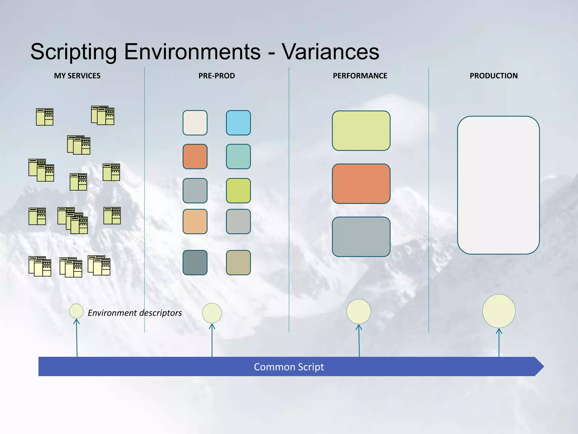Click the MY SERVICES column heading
click(77, 76)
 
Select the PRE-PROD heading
click(216, 76)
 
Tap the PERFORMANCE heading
click(360, 76)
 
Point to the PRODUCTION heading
click(494, 76)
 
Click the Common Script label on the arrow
click(289, 367)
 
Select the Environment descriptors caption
click(135, 313)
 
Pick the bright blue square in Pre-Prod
click(238, 123)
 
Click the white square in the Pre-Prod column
click(195, 123)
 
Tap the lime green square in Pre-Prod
click(238, 190)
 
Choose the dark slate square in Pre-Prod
click(195, 262)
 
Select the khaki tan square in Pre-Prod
click(238, 262)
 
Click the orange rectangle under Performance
click(361, 184)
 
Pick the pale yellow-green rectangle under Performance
click(361, 131)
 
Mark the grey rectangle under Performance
click(361, 237)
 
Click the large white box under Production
click(498, 185)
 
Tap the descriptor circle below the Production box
click(499, 311)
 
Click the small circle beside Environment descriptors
click(76, 311)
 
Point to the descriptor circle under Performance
click(358, 311)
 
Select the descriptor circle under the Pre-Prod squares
click(212, 313)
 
